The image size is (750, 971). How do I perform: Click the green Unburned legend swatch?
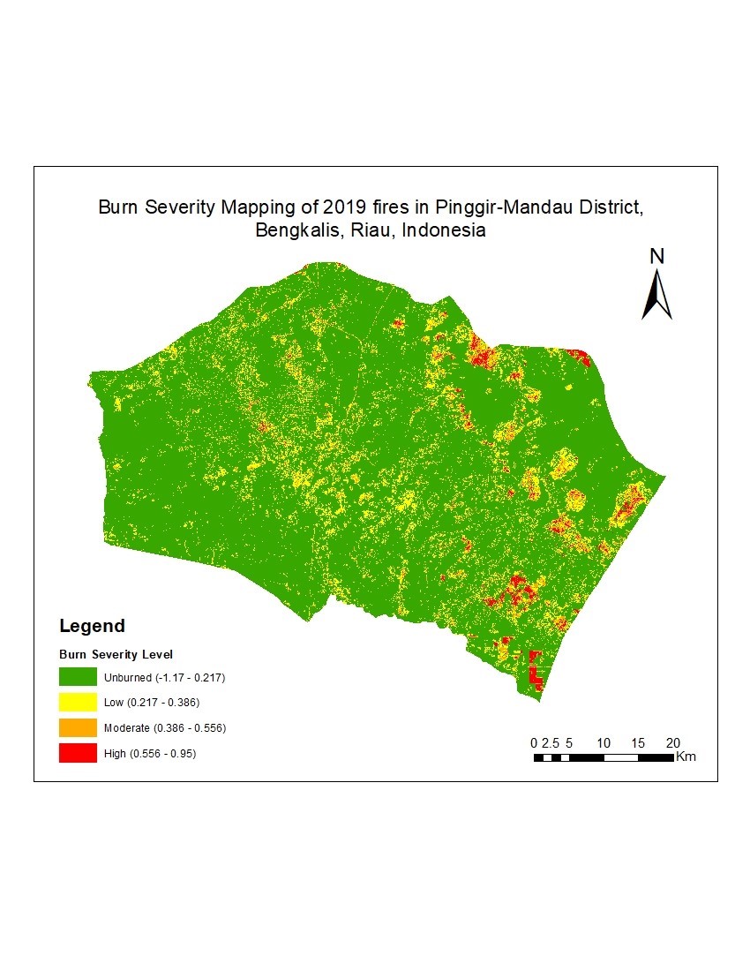(x=78, y=678)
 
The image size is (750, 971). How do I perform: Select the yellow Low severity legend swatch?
(x=78, y=703)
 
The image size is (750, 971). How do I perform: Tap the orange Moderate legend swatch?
(x=78, y=728)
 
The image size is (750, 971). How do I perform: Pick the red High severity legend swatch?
(x=78, y=754)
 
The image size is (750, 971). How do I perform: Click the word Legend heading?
(x=92, y=627)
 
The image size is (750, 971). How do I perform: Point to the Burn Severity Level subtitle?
(x=116, y=655)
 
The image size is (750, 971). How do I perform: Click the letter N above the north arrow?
(x=656, y=256)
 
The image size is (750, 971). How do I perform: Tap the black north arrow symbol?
(x=656, y=295)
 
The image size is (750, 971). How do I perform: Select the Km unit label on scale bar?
(x=686, y=757)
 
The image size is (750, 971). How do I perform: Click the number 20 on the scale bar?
(x=672, y=742)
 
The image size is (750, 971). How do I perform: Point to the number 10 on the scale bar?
(x=604, y=742)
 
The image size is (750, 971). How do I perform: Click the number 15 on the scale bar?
(x=638, y=742)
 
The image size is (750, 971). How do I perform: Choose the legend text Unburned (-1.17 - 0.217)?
(x=165, y=678)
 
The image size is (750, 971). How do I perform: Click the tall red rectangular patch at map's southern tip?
(x=534, y=671)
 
